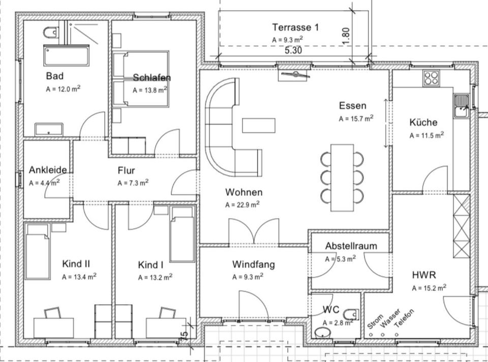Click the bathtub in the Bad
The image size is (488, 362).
pos(66,55)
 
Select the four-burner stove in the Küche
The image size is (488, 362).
pos(432,78)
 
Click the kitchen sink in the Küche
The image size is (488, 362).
pos(461,106)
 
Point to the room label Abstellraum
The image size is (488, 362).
pos(351,246)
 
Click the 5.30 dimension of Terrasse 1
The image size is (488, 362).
pos(293,51)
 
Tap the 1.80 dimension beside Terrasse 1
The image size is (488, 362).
pos(346,37)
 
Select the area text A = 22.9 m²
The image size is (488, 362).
pos(242,205)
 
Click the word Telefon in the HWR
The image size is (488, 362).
pos(405,318)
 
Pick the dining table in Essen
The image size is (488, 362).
pos(342,177)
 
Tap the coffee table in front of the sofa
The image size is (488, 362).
pos(259,125)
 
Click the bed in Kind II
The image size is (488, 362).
pos(38,251)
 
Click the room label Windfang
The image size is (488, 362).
pos(254,265)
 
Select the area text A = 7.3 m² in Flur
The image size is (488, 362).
pos(133,182)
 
